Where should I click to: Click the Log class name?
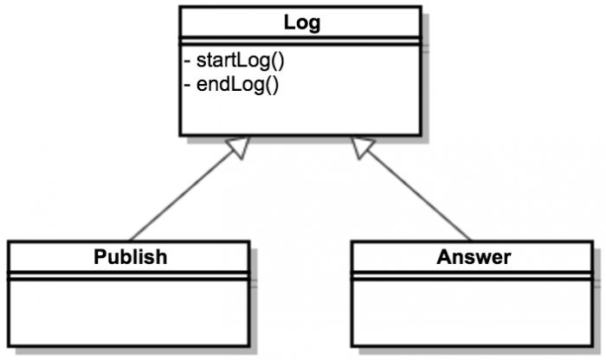(301, 23)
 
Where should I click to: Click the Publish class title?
(130, 257)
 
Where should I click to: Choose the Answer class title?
(474, 257)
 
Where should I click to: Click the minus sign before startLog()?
(188, 62)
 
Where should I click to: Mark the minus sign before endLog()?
(188, 86)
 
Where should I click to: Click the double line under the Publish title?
(130, 275)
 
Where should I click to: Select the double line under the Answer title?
(474, 275)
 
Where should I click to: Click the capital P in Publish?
(100, 257)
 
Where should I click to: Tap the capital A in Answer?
(444, 257)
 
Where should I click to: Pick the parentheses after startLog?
(279, 61)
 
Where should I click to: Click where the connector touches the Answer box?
(472, 241)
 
